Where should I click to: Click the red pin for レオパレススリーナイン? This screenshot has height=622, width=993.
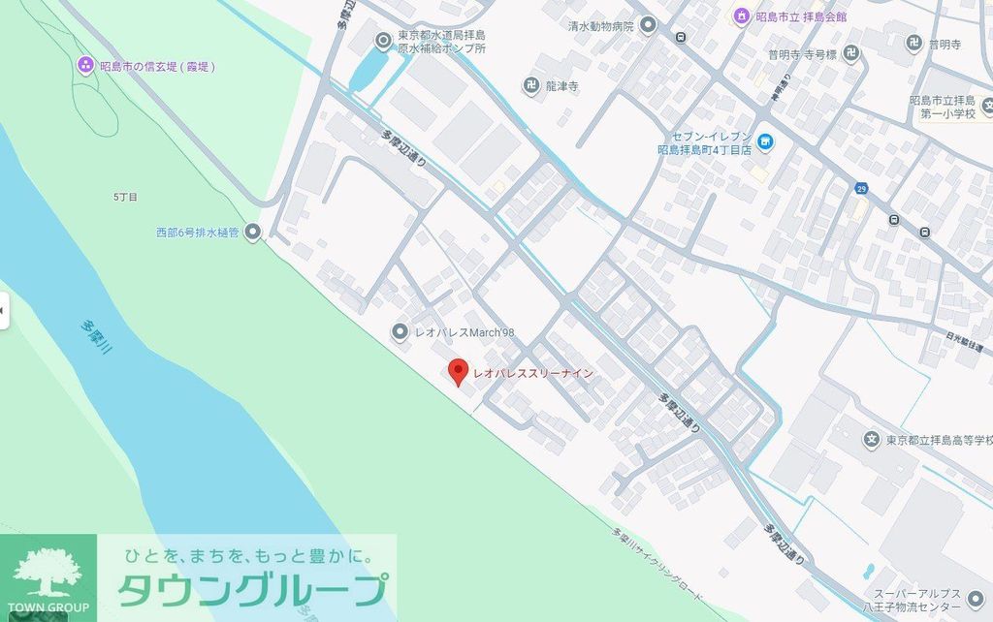point(457,372)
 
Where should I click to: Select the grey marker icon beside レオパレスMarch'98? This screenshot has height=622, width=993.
point(399,332)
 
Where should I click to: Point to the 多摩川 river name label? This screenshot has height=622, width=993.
point(97,345)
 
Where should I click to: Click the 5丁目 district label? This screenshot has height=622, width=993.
point(125,197)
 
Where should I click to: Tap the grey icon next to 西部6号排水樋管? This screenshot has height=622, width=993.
point(253,232)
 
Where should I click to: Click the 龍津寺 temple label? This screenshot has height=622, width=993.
point(561,86)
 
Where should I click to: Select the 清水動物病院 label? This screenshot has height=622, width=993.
point(600,26)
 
